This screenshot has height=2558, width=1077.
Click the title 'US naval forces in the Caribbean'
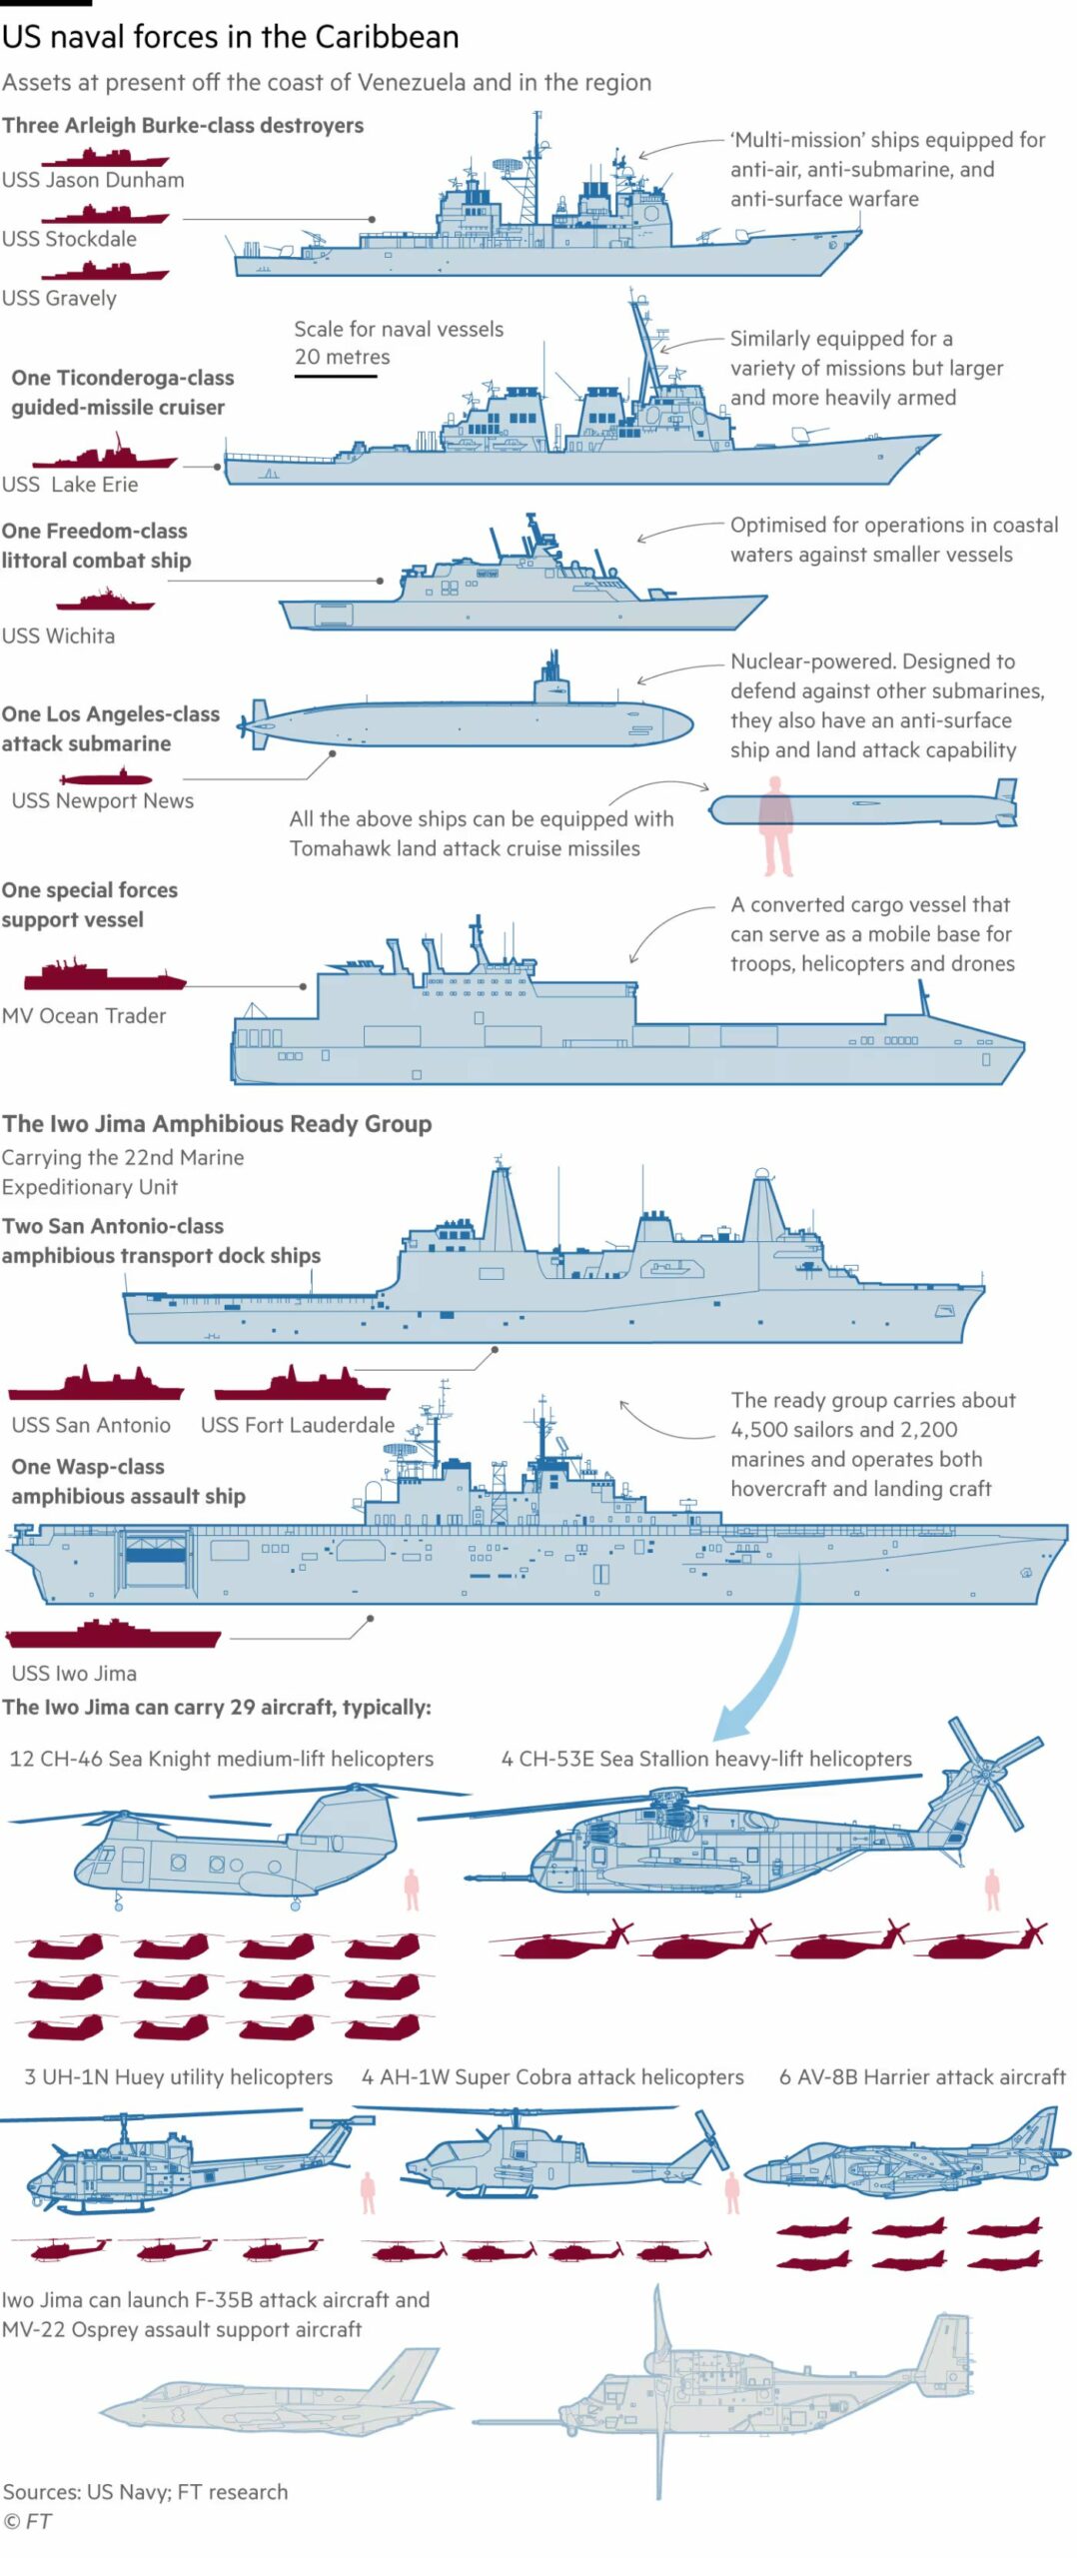230,38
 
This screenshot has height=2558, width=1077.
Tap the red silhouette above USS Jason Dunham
105,158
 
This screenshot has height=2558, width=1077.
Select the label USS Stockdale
69,239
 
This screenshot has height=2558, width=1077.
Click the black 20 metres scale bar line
335,376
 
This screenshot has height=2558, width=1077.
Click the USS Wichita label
58,636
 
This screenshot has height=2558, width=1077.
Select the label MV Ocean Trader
84,1015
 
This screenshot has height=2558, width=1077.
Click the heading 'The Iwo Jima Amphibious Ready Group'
217,1123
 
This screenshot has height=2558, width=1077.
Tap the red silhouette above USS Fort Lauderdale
301,1385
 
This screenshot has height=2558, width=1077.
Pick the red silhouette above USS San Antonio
96,1385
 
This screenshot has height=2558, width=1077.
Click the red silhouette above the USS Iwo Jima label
113,1635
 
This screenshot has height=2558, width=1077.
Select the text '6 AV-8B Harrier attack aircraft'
921,2076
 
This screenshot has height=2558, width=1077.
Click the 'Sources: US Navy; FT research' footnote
145,2491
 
